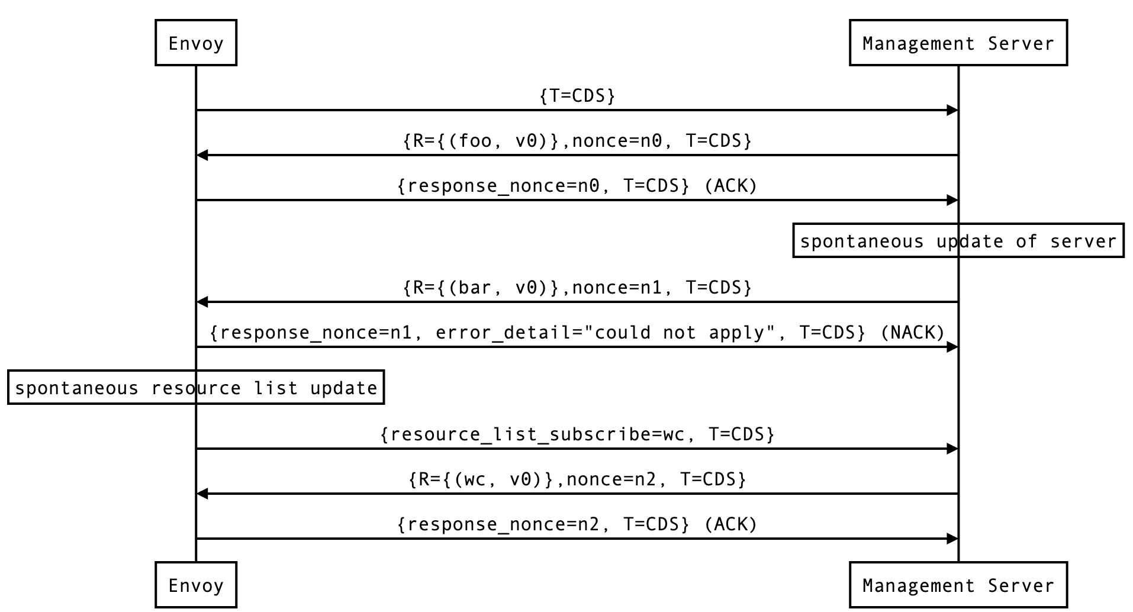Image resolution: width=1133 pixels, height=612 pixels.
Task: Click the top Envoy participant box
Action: coord(196,43)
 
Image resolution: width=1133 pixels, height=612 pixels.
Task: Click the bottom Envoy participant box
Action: coord(196,585)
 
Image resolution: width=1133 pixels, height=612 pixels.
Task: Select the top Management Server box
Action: coord(958,43)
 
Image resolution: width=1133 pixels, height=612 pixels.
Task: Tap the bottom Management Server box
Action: coord(958,585)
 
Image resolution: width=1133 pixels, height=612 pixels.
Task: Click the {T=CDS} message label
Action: coord(577,96)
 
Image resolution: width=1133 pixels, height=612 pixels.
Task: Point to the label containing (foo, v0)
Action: coord(577,141)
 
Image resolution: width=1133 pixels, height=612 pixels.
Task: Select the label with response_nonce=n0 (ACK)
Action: coord(577,186)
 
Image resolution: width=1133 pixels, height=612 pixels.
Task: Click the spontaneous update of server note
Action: coord(958,241)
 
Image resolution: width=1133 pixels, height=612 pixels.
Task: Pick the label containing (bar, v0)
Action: coord(577,288)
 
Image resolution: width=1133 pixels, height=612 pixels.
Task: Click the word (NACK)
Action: coord(912,333)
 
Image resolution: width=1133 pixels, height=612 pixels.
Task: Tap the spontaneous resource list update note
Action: coord(196,388)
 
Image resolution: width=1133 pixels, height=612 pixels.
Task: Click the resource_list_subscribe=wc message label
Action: coord(577,434)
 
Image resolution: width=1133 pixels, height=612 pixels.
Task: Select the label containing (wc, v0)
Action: coord(577,479)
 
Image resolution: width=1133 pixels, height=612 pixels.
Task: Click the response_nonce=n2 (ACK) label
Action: coord(577,524)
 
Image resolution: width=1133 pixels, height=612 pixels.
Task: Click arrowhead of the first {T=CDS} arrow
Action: coord(952,110)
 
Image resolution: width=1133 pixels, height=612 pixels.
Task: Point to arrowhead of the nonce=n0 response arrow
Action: coord(202,155)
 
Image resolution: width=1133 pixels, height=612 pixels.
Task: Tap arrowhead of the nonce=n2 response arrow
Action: coord(202,494)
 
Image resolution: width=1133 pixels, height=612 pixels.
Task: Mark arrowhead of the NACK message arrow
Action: coord(952,347)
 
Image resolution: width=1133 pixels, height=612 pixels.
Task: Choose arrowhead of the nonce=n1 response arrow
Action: coord(202,302)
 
